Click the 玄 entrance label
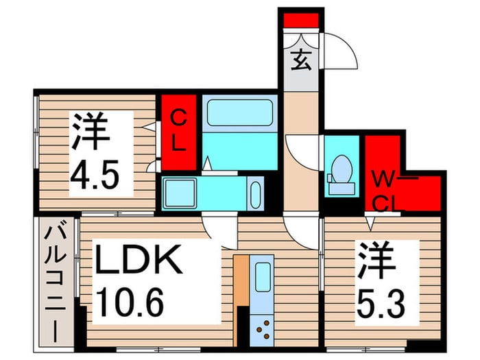pos(301,60)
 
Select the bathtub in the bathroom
pos(240,112)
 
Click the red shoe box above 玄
pos(300,20)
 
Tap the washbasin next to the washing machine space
pos(255,194)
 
